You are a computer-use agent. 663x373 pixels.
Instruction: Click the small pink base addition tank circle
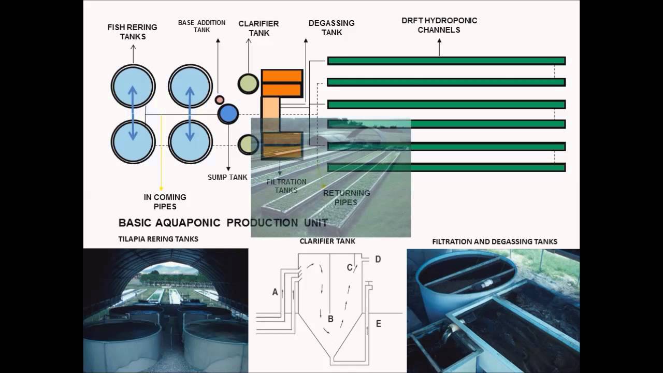point(219,100)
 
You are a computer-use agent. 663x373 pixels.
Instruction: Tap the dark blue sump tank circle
point(228,114)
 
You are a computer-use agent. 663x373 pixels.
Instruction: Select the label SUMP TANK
point(227,177)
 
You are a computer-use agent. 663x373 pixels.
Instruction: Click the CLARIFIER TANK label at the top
point(258,28)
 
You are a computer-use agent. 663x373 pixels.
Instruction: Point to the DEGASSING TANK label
point(331,27)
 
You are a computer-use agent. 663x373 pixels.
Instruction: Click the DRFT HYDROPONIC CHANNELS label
point(439,25)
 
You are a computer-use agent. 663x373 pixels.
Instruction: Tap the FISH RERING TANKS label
point(132,32)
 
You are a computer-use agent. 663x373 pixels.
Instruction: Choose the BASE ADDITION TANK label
point(202,26)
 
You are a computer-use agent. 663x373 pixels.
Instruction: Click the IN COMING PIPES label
point(165,202)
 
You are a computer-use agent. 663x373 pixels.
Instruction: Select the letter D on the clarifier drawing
point(378,260)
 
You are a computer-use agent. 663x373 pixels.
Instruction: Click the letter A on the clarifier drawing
point(275,292)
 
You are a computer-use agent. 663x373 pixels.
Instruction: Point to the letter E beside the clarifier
point(379,324)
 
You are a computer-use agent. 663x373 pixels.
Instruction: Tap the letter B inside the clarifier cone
point(330,319)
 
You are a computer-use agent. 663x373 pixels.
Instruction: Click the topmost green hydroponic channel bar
point(446,61)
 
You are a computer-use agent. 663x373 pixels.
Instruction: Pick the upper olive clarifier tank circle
point(248,84)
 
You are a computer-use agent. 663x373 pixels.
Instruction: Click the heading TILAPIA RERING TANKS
point(158,239)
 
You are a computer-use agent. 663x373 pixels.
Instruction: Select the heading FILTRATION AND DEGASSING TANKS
point(495,242)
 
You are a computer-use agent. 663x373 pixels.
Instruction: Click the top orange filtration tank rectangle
point(282,76)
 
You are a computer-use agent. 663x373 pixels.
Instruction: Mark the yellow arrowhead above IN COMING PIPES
point(161,189)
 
